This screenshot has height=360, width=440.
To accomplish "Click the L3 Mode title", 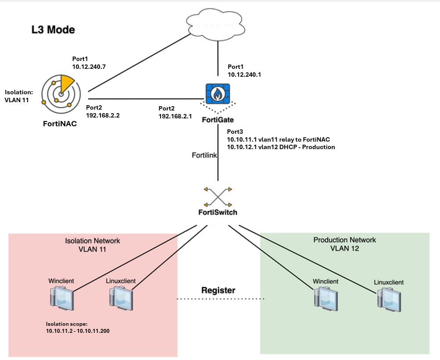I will (53, 30).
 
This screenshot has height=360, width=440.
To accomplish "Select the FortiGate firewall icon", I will (218, 95).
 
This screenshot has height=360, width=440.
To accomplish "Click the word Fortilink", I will (204, 155).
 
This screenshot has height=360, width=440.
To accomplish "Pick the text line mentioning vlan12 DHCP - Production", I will (281, 147).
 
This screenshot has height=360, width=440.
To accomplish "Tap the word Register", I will (218, 290).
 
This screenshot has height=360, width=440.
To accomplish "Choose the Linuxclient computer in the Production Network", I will (388, 299).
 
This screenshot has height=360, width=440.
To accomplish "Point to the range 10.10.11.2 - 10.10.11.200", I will (78, 331).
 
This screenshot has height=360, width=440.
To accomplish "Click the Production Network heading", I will (344, 240).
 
